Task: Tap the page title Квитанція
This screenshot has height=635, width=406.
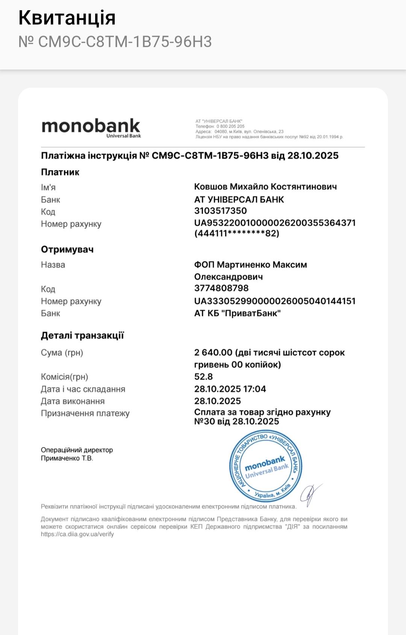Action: click(67, 18)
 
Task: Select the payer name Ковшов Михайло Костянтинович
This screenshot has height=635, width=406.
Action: click(265, 187)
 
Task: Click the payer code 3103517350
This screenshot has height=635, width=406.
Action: click(220, 211)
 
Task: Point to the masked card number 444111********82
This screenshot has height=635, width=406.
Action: click(237, 233)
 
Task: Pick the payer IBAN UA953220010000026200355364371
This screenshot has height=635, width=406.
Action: click(275, 223)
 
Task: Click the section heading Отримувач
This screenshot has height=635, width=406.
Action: click(67, 249)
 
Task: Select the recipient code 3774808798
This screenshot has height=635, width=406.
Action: click(221, 288)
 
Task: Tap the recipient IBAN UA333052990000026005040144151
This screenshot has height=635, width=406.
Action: click(275, 301)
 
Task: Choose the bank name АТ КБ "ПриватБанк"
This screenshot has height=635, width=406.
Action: click(238, 313)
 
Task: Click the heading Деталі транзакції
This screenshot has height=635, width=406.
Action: click(82, 336)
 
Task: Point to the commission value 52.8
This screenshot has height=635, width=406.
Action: click(203, 376)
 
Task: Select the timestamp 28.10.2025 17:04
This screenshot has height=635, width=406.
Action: click(230, 389)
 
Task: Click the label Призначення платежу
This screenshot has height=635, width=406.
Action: click(85, 413)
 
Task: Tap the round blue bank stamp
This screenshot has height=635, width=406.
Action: click(266, 466)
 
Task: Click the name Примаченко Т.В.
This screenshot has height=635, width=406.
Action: click(67, 458)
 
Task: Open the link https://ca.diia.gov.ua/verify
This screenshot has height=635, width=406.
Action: click(77, 534)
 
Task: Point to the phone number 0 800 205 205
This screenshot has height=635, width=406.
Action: click(230, 127)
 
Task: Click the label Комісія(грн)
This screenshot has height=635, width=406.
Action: click(64, 377)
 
